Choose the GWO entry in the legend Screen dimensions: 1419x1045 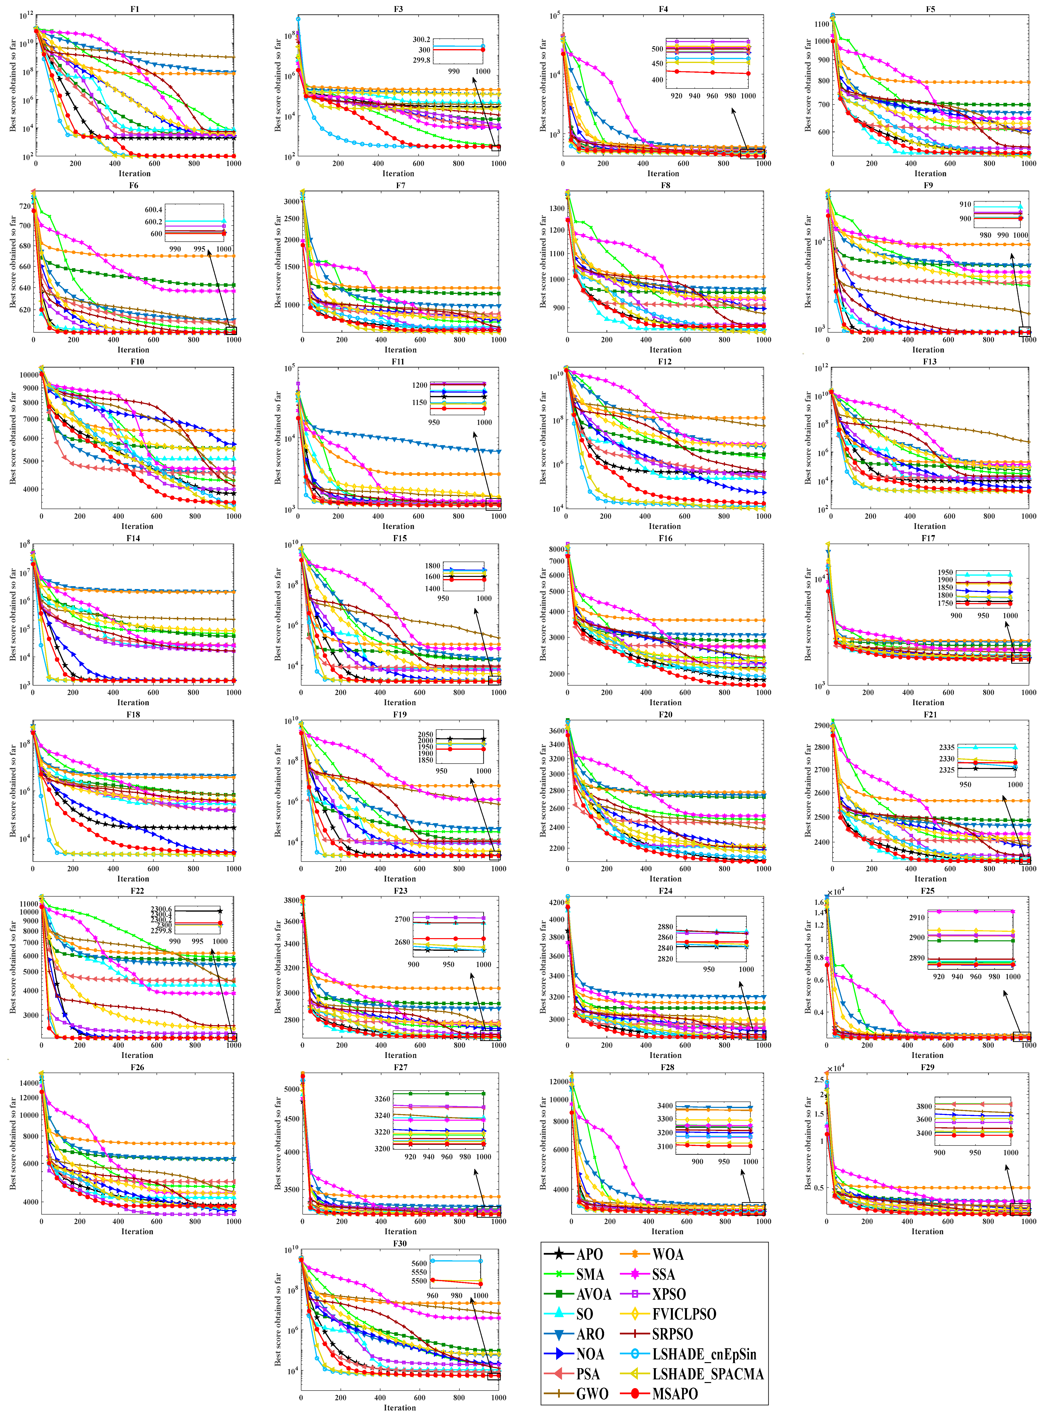click(x=591, y=1394)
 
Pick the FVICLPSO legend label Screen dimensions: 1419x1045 click(x=684, y=1314)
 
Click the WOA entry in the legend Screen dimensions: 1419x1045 click(x=667, y=1254)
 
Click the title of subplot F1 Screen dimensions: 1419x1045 click(x=135, y=9)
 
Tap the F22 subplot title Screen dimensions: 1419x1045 click(x=137, y=890)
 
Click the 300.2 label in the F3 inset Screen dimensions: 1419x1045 click(x=421, y=39)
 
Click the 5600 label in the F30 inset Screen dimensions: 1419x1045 click(x=419, y=1263)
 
